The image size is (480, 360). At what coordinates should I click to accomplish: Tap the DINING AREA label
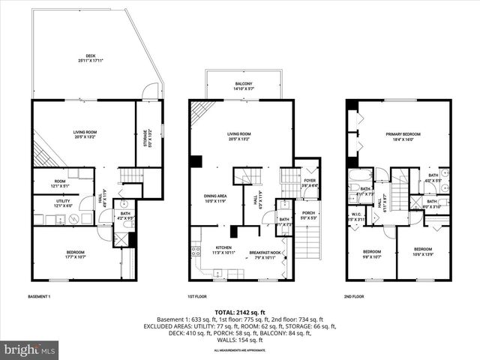point(215,198)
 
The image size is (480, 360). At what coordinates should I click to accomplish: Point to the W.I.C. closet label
point(357,216)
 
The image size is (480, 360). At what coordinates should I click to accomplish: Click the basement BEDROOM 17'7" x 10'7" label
point(74,253)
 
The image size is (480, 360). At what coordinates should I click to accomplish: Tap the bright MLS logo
point(30,349)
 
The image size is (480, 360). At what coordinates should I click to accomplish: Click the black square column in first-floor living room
point(195,160)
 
